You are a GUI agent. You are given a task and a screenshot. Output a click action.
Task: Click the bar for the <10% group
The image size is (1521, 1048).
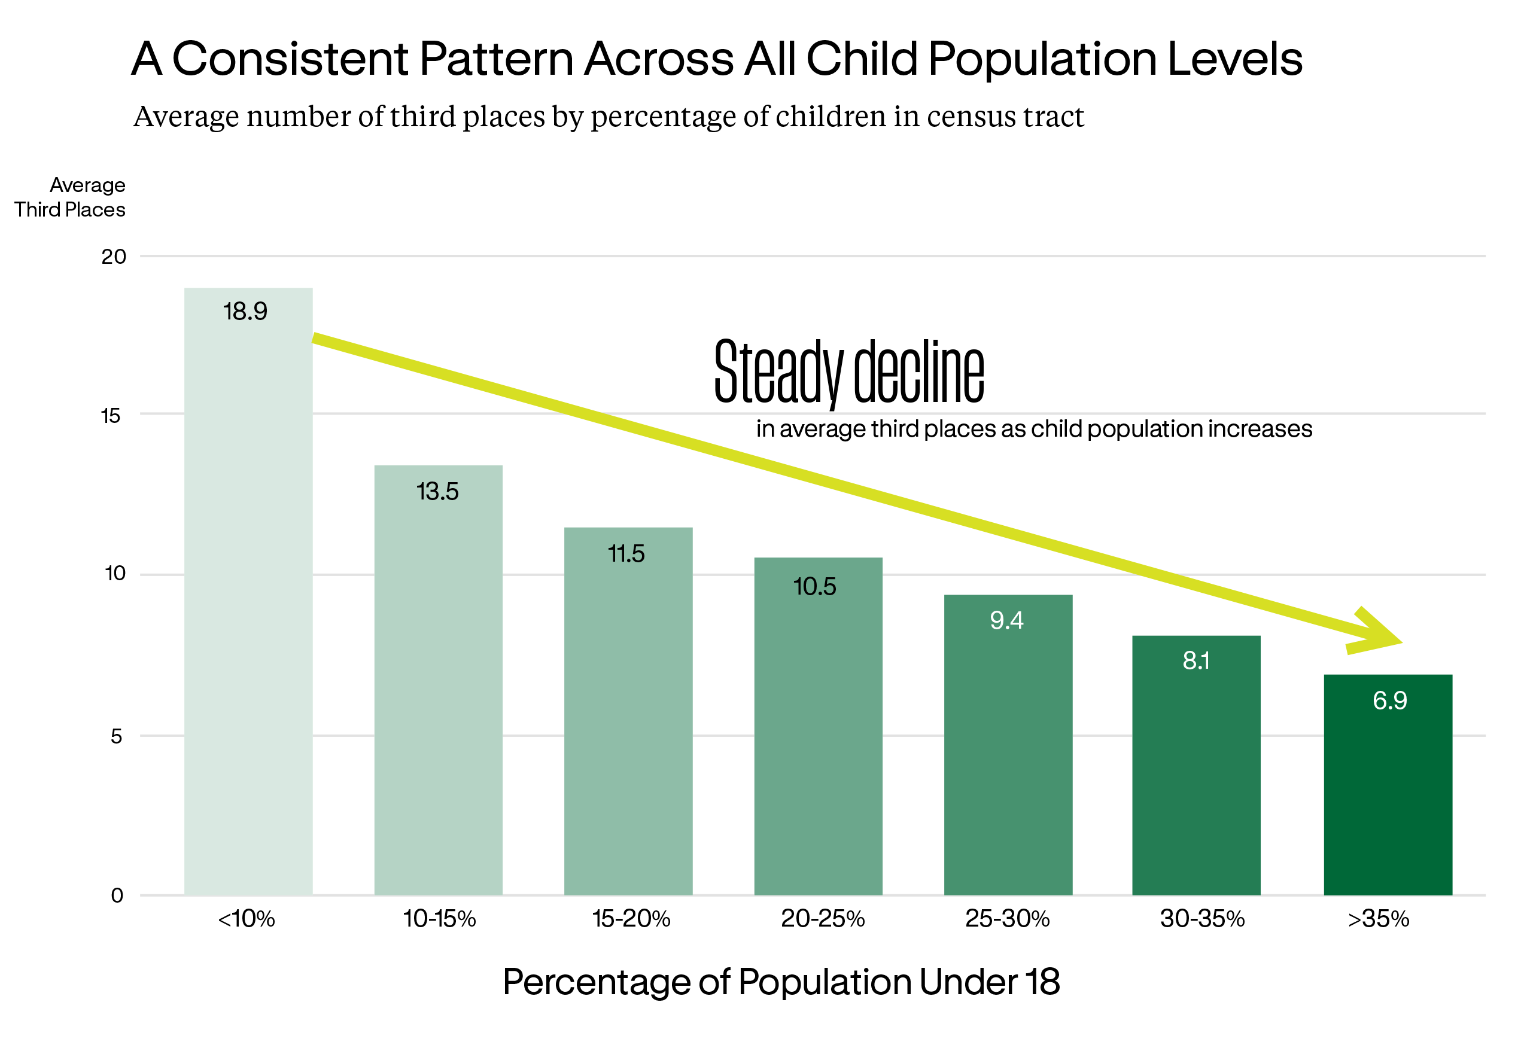point(248,591)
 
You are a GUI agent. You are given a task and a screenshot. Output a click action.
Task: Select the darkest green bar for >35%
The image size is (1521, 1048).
point(1388,785)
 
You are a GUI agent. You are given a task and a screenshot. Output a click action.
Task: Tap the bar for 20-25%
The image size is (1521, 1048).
point(819,726)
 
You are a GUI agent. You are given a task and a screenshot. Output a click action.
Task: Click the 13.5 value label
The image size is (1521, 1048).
point(437,491)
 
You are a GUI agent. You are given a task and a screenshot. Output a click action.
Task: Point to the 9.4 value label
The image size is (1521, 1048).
point(1007,620)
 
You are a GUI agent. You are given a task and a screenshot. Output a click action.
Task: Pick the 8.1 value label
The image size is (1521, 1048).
point(1196,660)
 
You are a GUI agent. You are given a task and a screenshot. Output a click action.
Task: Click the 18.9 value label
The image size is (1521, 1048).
point(245,311)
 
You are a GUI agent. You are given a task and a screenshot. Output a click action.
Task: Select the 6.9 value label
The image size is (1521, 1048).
point(1389,700)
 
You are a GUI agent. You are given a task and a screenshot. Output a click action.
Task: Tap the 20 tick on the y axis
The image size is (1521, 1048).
point(114,257)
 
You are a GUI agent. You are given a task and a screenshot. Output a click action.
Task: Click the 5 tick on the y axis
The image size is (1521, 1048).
point(116,736)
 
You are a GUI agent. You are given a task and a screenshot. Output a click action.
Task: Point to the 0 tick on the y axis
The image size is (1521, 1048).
point(117,895)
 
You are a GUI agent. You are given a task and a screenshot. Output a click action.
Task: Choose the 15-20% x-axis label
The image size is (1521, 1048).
point(631,919)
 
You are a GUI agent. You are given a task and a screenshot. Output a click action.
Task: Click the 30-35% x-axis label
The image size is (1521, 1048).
point(1203,919)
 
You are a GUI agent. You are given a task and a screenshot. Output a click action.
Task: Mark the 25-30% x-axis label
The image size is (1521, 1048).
point(1008,919)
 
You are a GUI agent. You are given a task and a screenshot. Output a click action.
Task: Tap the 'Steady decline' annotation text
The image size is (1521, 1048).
point(850,371)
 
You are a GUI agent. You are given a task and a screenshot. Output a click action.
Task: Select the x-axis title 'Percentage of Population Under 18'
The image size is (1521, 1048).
point(781,982)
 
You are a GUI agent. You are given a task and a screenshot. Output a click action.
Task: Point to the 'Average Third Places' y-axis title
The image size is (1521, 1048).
point(70,197)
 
